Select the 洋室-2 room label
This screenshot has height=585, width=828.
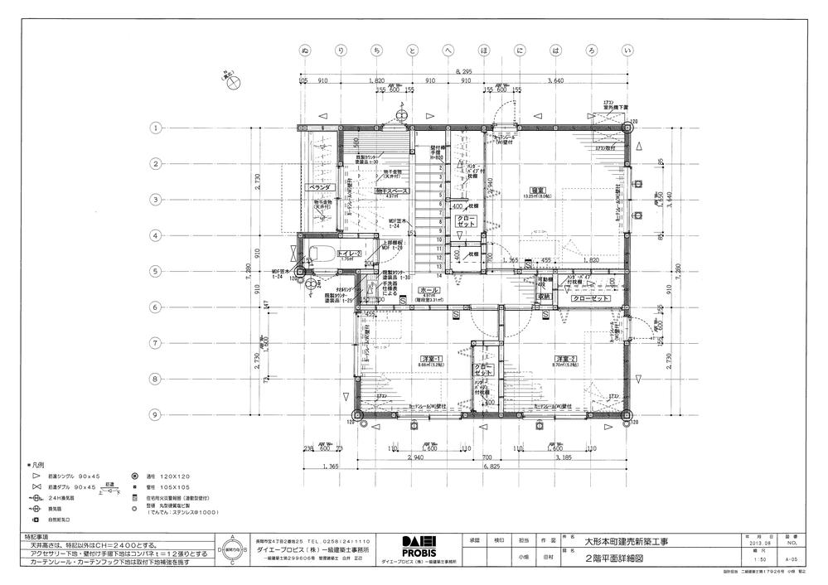(566, 358)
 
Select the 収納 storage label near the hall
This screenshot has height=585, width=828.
(545, 296)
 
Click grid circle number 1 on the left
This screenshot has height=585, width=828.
(154, 128)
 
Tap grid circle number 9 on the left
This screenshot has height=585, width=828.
(154, 414)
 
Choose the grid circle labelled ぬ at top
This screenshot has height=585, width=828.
(306, 52)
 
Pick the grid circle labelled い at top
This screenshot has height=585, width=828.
(628, 52)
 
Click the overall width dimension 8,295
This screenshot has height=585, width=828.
(466, 73)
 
